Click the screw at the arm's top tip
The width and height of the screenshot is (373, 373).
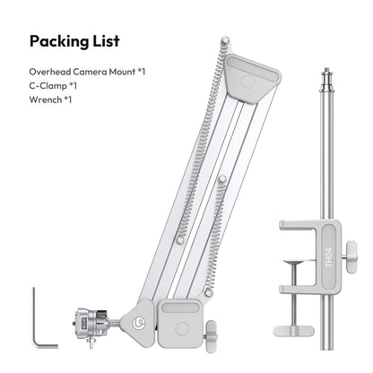coord(222,41)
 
